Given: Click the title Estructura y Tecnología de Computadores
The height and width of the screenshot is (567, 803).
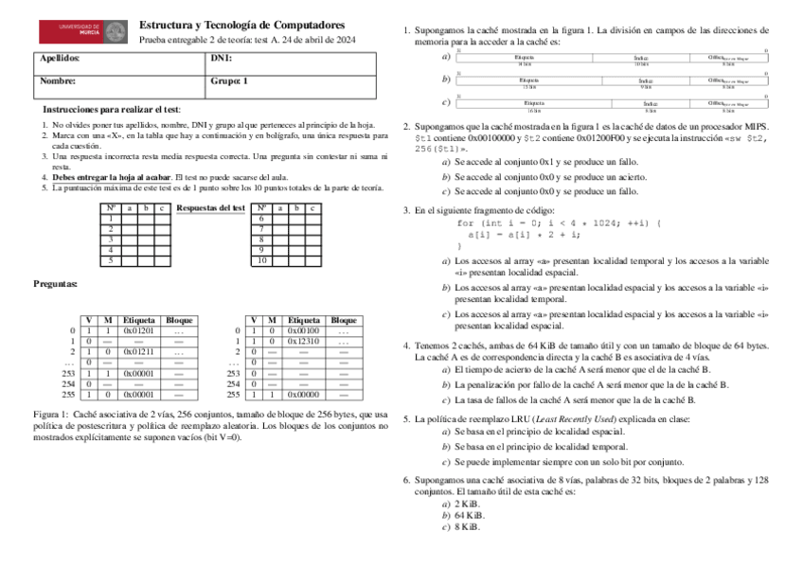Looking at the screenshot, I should pos(241,24).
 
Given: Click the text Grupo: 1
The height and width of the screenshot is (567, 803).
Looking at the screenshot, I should pos(228,81).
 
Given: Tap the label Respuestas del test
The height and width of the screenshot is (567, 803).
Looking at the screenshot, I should pos(211,207).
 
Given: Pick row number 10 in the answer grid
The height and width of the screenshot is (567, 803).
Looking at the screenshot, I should pos(262,260).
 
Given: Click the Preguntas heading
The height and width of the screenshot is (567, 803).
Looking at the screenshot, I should pos(57,283).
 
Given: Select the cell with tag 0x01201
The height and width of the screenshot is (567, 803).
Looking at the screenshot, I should pos(139,330).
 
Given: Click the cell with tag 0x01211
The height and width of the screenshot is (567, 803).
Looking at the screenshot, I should pos(139,351).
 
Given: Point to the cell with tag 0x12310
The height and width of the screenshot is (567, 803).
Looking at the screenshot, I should pos(304,341).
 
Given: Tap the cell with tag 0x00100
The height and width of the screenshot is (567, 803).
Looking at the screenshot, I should pos(304,330).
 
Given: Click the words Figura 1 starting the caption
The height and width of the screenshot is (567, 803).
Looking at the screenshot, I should pos(50,415).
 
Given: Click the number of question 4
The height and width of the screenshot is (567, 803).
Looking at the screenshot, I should pos(406,346).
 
